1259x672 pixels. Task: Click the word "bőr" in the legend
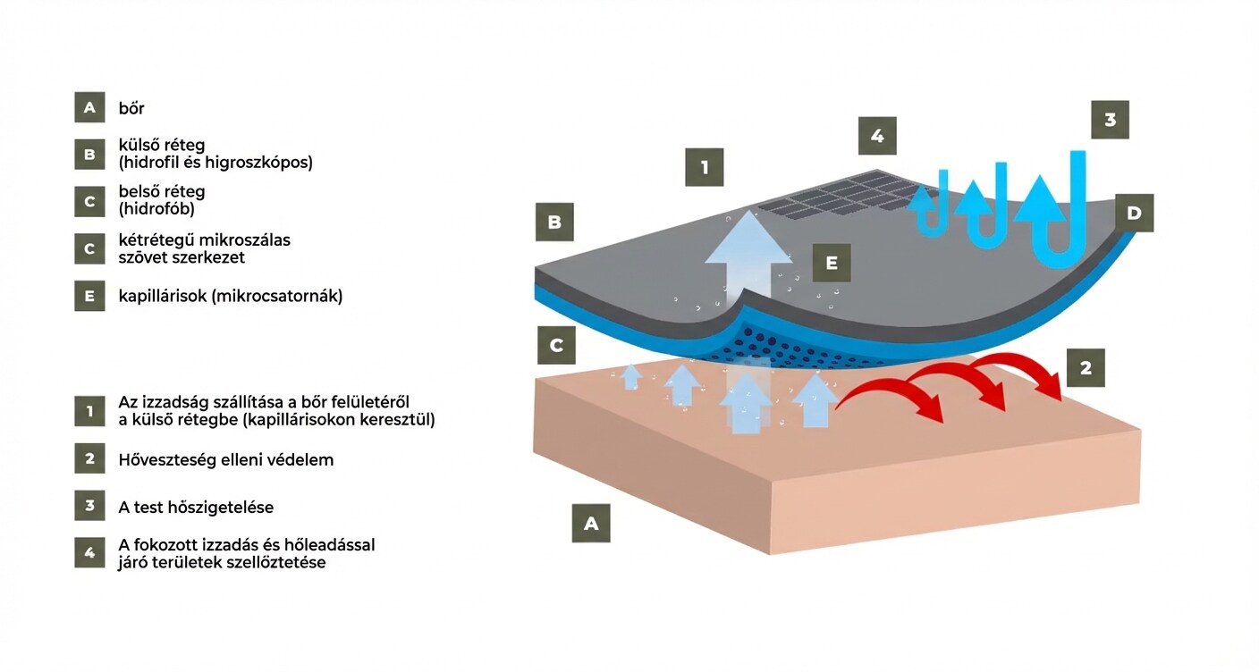coord(131,108)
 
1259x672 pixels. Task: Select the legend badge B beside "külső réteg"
coord(89,155)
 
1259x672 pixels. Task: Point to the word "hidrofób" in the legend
coord(156,209)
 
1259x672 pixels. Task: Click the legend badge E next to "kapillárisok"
coord(89,296)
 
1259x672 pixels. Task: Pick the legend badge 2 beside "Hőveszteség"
coord(89,459)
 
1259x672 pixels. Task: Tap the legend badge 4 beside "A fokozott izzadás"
coord(89,553)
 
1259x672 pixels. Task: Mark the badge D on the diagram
coord(1134,213)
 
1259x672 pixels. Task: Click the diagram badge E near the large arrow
coord(832,263)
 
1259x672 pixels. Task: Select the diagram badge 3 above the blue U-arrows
coord(1110,120)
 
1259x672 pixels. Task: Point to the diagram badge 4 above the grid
coord(877,136)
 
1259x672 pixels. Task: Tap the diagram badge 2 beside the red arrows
coord(1086,367)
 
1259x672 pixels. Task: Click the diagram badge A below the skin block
coord(591,524)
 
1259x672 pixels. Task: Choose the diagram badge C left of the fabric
coord(556,345)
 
